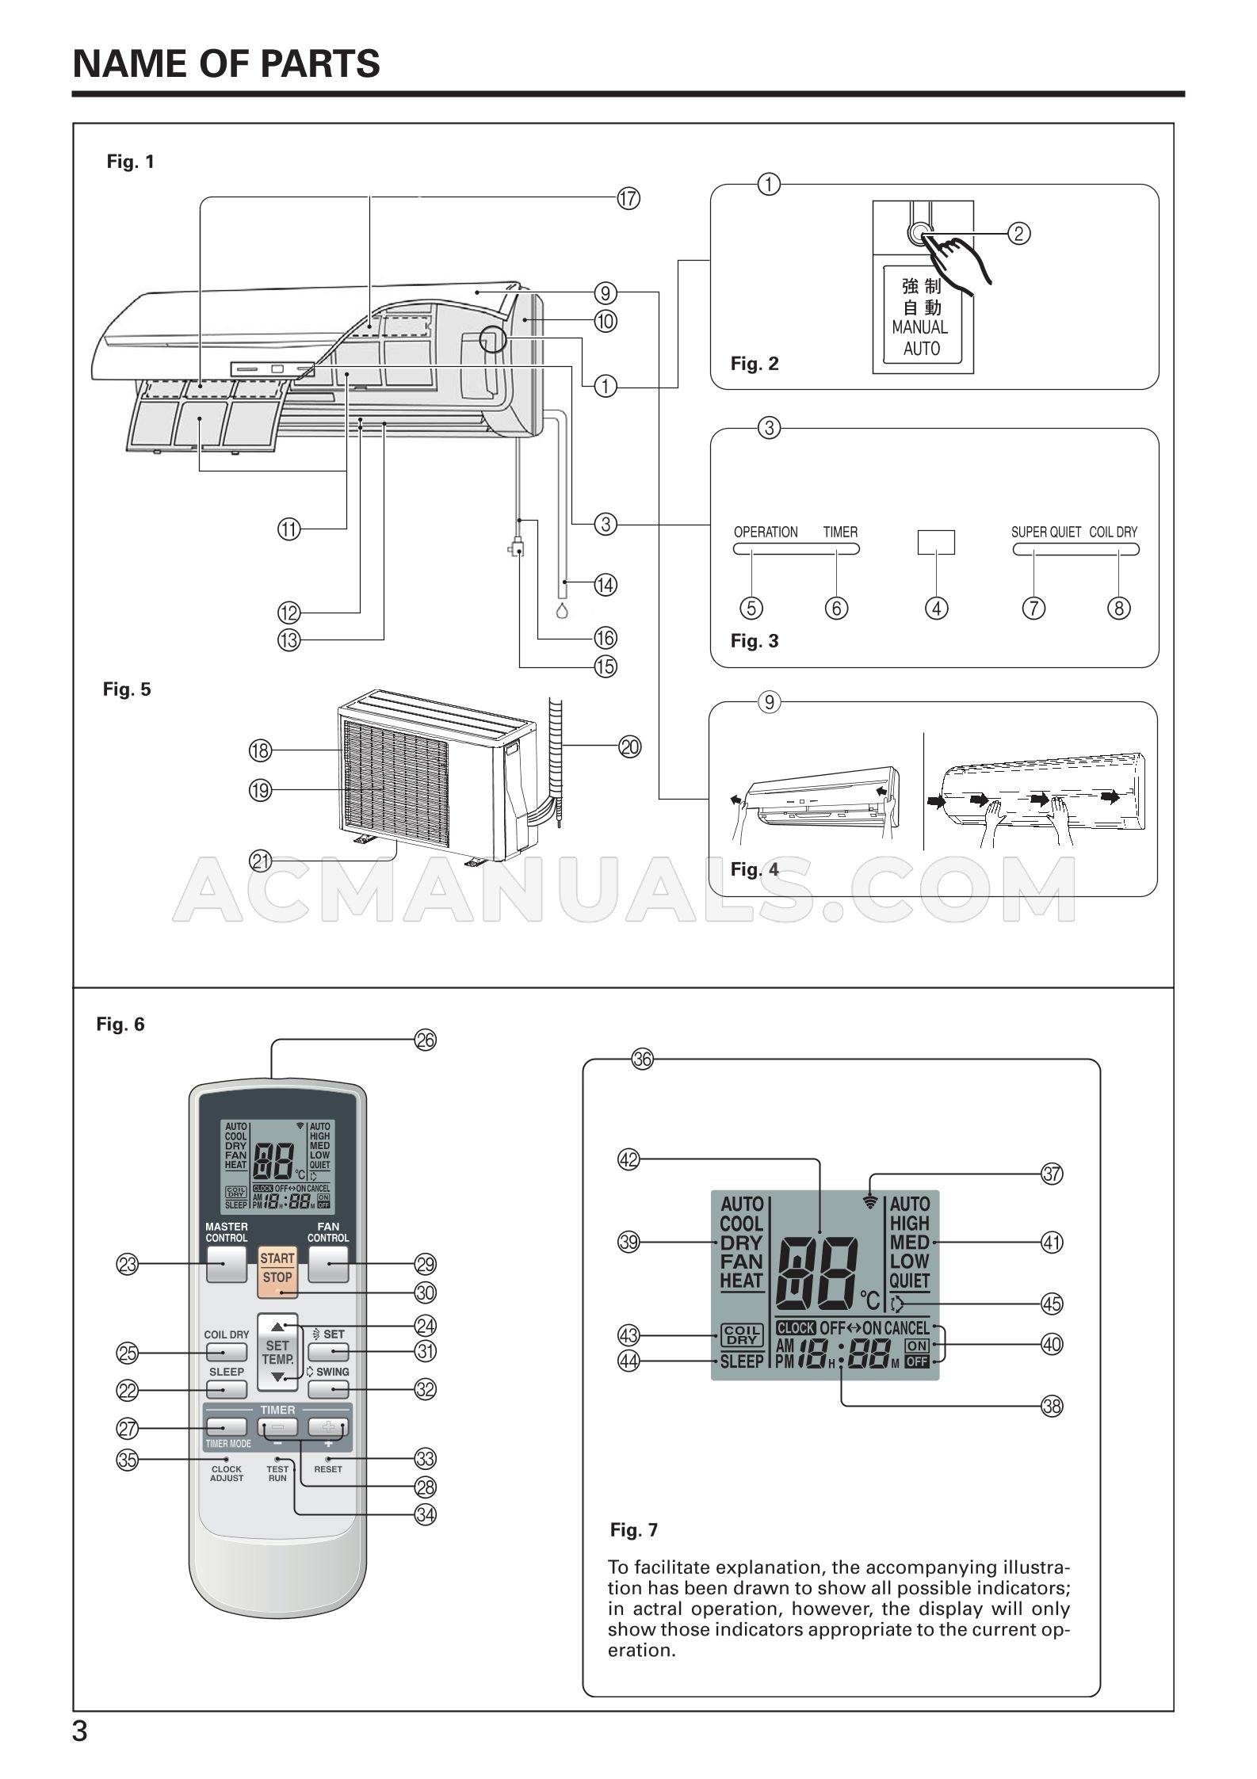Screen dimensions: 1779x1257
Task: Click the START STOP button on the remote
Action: pyautogui.click(x=277, y=1267)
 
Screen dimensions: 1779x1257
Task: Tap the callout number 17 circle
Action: pyautogui.click(x=628, y=198)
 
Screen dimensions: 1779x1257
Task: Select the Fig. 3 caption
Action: pyautogui.click(x=754, y=641)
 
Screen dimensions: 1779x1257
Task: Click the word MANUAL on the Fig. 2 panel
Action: pyautogui.click(x=919, y=326)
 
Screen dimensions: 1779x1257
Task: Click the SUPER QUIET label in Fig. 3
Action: pyautogui.click(x=1045, y=532)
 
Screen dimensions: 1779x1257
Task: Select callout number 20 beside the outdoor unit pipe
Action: pyautogui.click(x=629, y=746)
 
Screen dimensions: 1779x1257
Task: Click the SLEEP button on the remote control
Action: pyautogui.click(x=227, y=1388)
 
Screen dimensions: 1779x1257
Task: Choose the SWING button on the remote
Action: pyautogui.click(x=328, y=1388)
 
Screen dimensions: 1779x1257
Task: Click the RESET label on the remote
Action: pyautogui.click(x=328, y=1468)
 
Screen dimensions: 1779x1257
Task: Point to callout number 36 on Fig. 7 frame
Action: pyautogui.click(x=642, y=1059)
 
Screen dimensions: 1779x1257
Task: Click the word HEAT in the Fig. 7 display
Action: pyautogui.click(x=741, y=1280)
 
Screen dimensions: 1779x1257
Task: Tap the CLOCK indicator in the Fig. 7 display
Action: pyautogui.click(x=795, y=1327)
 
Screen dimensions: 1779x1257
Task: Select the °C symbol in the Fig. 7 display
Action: pyautogui.click(x=869, y=1300)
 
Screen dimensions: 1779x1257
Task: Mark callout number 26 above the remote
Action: pyautogui.click(x=426, y=1040)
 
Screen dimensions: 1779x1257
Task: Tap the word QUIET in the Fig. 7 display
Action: pyautogui.click(x=909, y=1280)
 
